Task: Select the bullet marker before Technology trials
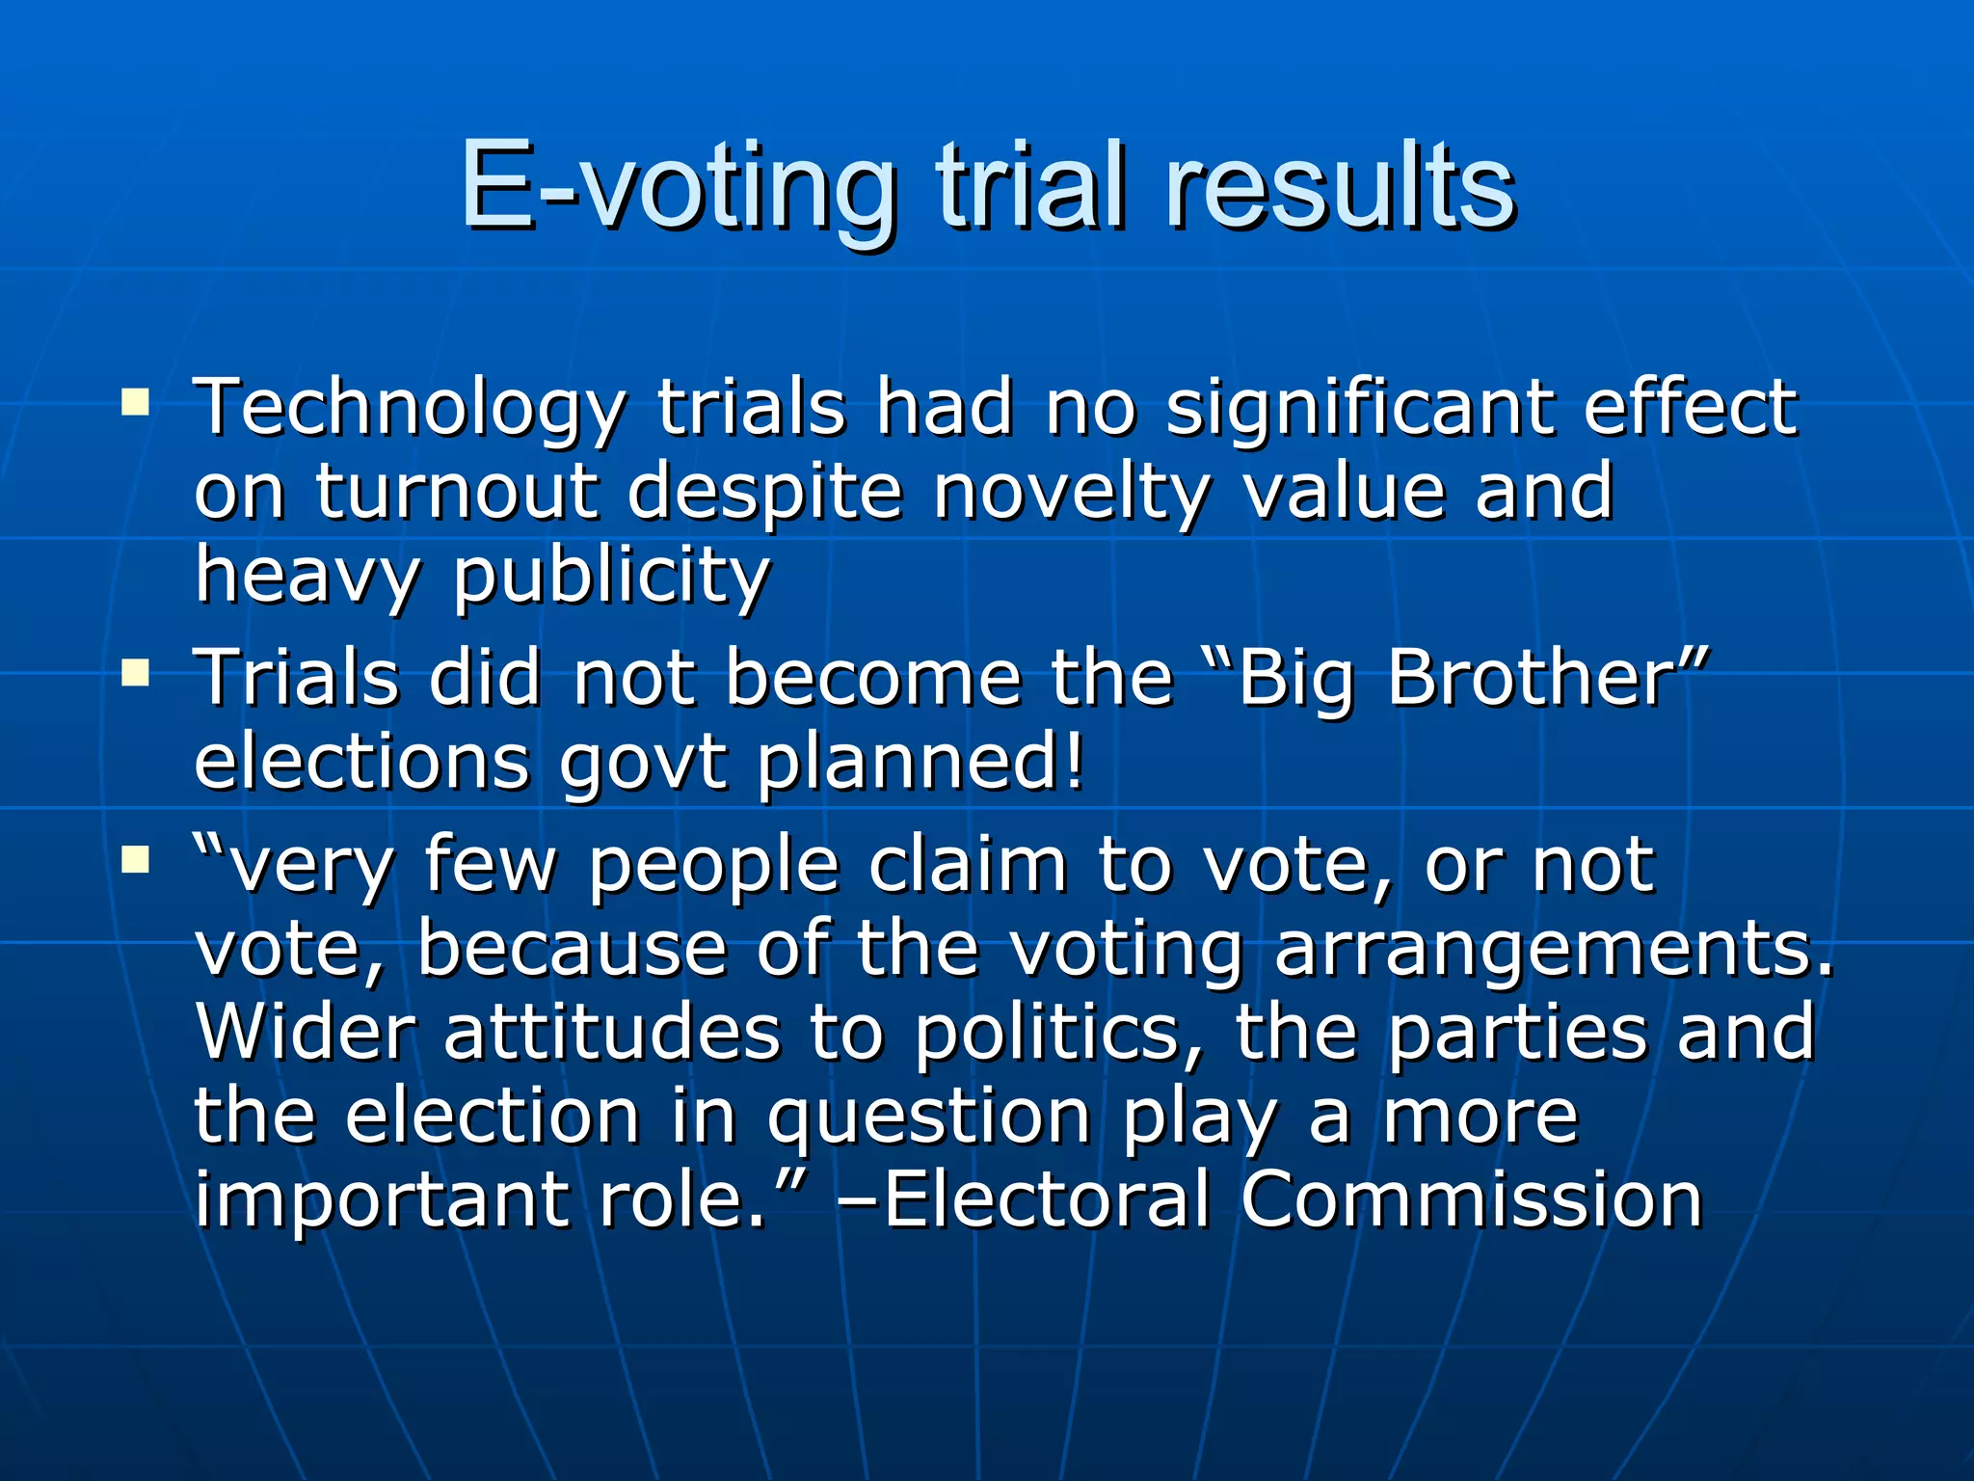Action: [x=135, y=402]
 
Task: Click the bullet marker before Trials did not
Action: [x=135, y=672]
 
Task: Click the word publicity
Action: [x=611, y=577]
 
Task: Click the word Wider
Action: [x=305, y=1033]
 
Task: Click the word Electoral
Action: [x=1046, y=1199]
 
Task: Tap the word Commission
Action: [x=1471, y=1199]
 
